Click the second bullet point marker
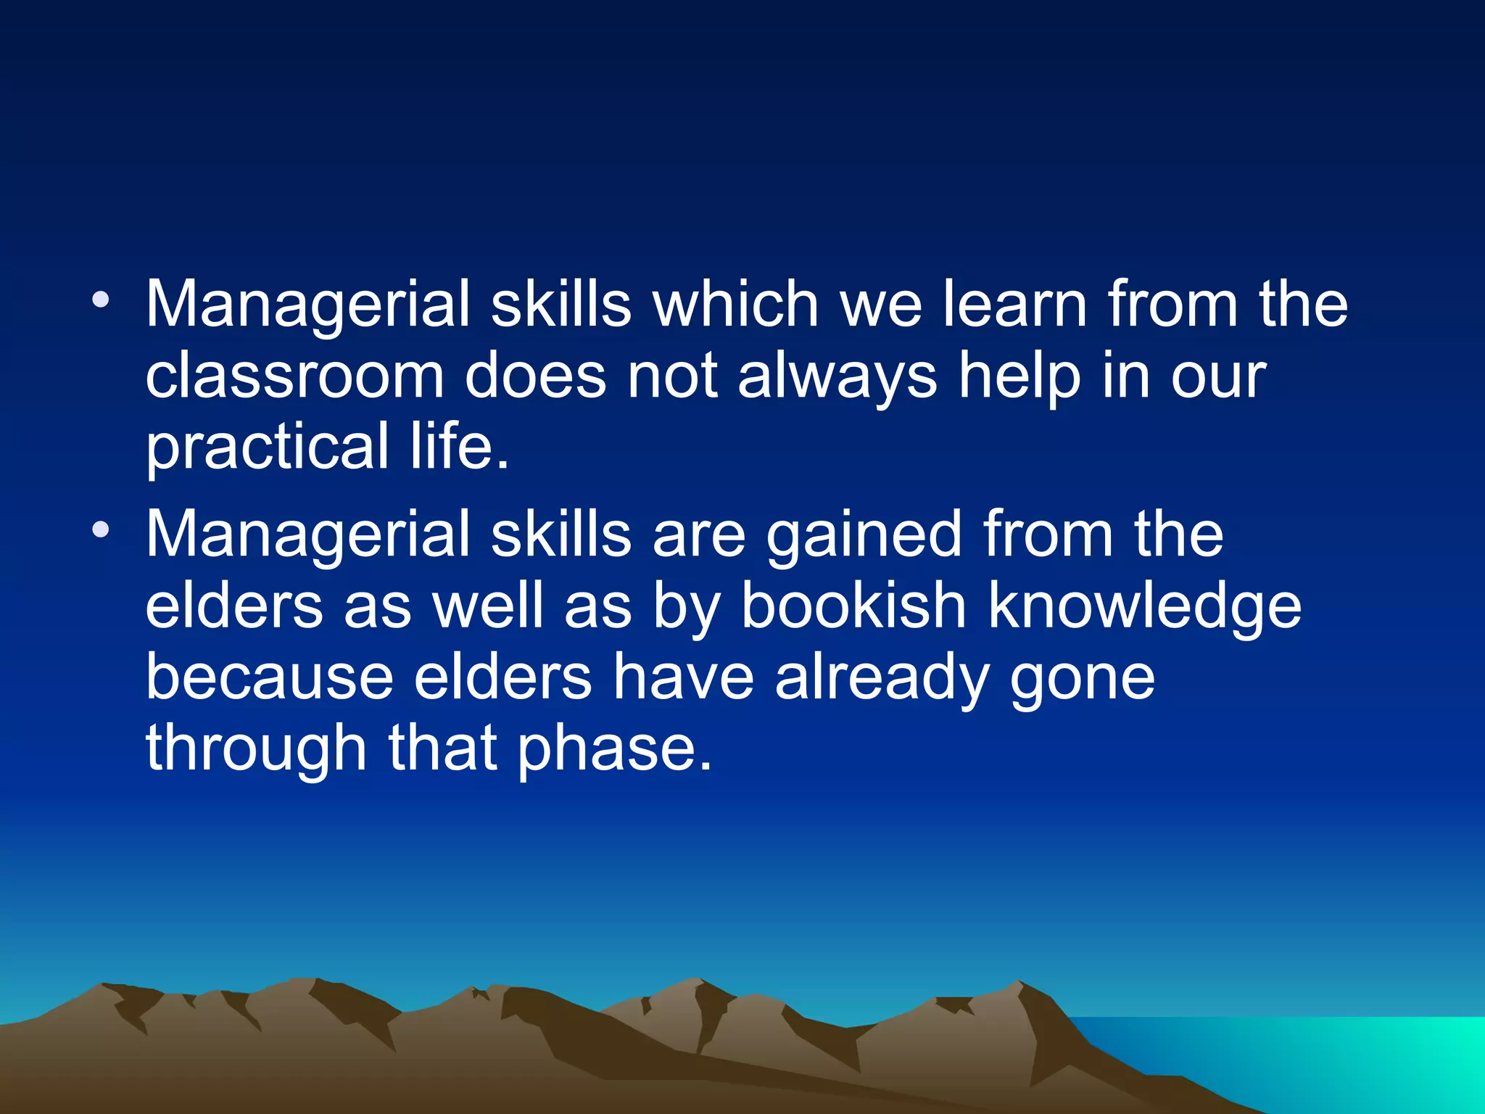[102, 530]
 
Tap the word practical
[268, 447]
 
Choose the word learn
[1015, 305]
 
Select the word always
[837, 378]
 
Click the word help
[1019, 378]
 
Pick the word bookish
[853, 606]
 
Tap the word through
[257, 749]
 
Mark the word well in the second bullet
[488, 606]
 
